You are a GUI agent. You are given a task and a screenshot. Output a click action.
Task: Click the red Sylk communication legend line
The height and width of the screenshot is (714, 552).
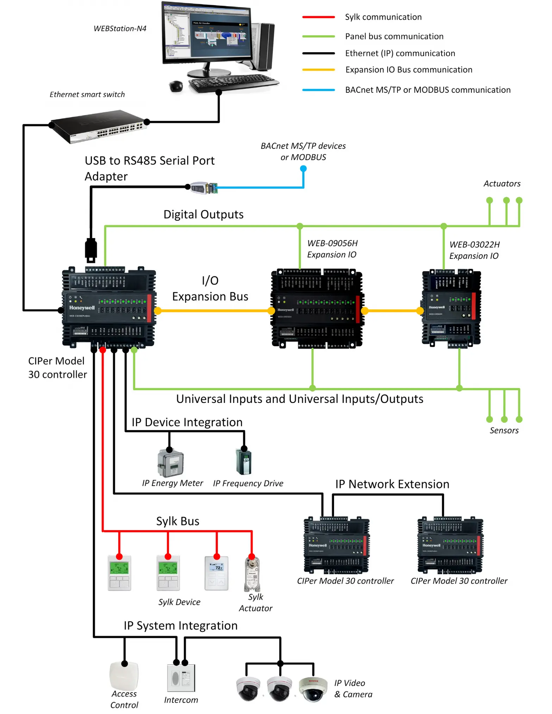coord(318,17)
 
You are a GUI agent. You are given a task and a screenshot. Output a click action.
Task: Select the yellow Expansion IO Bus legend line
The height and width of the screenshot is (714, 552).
coord(318,70)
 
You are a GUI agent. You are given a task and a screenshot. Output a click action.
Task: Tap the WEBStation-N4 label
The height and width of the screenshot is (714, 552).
coord(120,29)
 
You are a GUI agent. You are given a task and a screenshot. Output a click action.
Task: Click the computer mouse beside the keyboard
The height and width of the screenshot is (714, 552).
coord(176,86)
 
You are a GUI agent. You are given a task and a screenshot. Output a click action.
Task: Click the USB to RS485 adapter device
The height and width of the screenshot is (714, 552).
coord(204,188)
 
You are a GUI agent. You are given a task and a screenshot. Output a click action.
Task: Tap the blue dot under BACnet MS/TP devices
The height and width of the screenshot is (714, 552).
coord(303,169)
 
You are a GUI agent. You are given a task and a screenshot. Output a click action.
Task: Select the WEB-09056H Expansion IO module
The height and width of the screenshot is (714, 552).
coord(317,309)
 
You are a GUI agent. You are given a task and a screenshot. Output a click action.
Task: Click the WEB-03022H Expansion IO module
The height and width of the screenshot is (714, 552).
coord(451,308)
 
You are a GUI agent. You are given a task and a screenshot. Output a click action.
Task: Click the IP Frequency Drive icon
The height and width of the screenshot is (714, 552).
coord(244,462)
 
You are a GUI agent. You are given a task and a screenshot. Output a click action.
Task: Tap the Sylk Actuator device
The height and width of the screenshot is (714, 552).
coord(252,574)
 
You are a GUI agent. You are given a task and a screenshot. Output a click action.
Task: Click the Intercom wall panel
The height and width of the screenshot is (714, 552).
coord(181,678)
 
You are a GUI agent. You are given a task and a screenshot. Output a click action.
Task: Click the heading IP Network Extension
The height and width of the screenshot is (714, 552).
coord(392,484)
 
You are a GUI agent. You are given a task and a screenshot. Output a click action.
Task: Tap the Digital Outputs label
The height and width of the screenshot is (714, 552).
coord(203,215)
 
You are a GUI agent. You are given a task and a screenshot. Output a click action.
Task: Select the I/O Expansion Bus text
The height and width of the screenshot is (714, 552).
coord(210,288)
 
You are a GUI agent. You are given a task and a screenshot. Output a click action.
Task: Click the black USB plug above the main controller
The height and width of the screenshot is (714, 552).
coord(91,250)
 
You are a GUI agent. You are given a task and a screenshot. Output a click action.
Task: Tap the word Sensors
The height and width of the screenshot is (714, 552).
coord(504,430)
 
